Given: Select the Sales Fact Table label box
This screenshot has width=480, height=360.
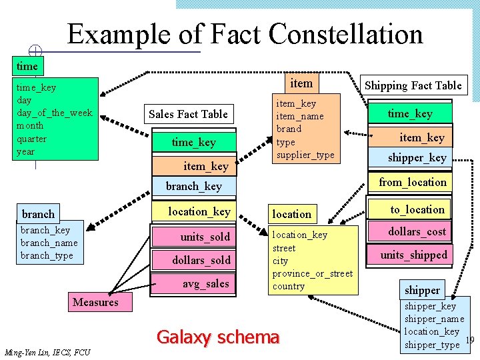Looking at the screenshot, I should [x=188, y=114].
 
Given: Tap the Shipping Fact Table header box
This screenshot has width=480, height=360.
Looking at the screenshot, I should [x=413, y=85].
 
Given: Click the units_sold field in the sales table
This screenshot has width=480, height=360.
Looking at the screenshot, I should [x=205, y=237].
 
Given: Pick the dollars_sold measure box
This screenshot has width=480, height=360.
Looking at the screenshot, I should [x=201, y=260].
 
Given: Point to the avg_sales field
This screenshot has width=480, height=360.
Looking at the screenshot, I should [x=205, y=283].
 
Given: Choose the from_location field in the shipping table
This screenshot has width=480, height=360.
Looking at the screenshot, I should [x=413, y=182].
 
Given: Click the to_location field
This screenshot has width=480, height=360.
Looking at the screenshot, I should [x=417, y=209].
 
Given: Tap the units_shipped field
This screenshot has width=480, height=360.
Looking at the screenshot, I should [x=414, y=255].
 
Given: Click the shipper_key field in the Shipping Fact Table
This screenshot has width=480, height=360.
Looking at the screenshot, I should [x=417, y=158].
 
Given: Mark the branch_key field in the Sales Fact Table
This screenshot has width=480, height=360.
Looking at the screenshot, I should [x=193, y=186].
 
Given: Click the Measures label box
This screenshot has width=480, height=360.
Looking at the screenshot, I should [x=95, y=302].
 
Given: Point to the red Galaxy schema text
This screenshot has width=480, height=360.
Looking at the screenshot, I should [x=217, y=337].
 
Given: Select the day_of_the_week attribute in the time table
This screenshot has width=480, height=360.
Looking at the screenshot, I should [x=54, y=113].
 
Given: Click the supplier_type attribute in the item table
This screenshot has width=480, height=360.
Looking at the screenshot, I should [x=305, y=155].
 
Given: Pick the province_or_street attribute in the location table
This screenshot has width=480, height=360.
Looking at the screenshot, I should [x=312, y=273].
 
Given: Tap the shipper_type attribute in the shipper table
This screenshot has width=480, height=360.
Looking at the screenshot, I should [x=431, y=344].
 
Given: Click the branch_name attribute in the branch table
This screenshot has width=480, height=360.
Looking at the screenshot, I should [x=49, y=243].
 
